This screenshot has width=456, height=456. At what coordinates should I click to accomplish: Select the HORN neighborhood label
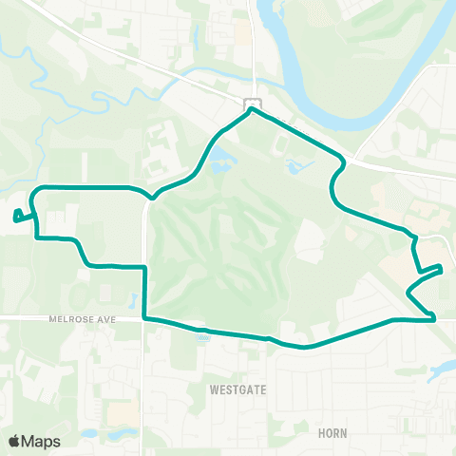333,432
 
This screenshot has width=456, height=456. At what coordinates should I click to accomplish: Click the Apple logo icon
15,441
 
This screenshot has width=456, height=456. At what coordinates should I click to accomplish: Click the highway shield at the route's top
251,103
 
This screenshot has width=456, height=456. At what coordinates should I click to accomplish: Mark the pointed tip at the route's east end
442,270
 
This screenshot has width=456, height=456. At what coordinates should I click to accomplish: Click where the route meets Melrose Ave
144,317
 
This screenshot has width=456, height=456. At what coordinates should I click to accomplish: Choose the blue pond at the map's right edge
444,370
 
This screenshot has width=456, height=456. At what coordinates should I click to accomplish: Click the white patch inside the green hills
310,237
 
